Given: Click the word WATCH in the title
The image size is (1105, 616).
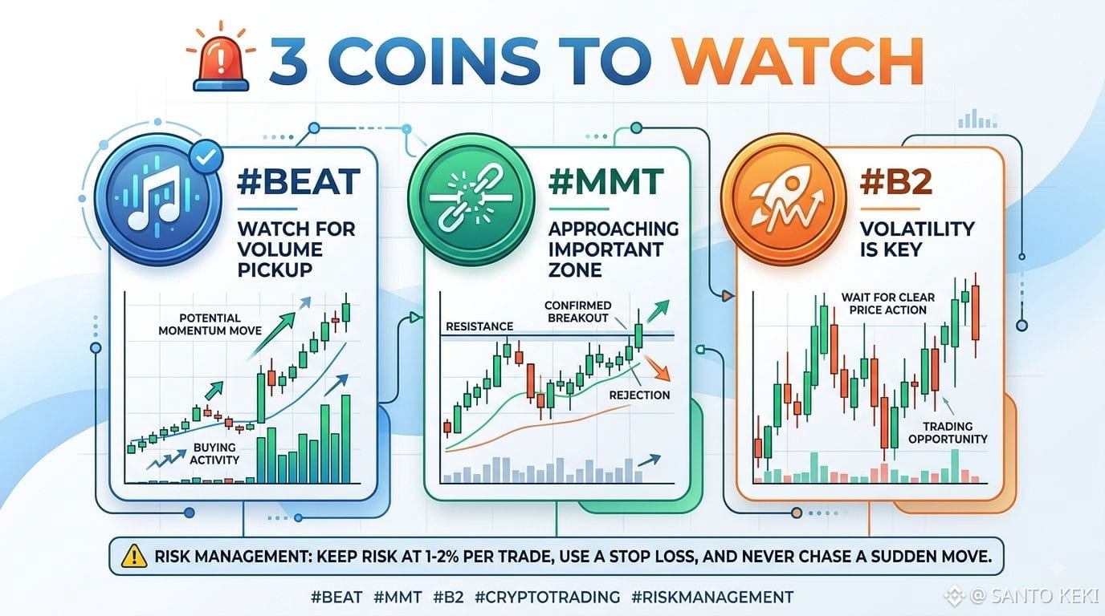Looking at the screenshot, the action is [798, 61].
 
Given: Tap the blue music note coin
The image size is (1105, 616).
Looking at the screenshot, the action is [158, 200].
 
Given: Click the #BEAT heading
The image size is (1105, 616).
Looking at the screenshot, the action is [299, 181].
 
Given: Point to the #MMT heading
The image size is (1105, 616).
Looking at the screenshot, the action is [606, 181].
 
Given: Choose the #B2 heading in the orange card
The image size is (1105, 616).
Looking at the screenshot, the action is [896, 181].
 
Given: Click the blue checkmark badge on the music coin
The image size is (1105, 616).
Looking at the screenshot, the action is [206, 157].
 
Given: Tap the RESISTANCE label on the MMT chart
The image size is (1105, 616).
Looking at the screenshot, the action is [479, 326].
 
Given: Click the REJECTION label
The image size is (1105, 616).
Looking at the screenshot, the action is [639, 395].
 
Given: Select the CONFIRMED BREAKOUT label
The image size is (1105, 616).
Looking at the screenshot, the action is [577, 311].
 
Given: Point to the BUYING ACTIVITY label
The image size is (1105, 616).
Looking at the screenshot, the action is [214, 453].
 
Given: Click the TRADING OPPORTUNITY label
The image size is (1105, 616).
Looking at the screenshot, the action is [948, 432].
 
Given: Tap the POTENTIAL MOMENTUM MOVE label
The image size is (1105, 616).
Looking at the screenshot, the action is [210, 324].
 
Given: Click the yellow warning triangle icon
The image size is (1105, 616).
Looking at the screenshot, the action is [133, 557].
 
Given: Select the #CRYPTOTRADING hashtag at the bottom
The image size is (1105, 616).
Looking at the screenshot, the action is [547, 597].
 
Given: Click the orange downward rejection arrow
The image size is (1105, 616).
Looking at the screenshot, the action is [658, 367].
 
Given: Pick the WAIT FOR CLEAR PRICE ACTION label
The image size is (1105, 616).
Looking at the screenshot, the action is [887, 303].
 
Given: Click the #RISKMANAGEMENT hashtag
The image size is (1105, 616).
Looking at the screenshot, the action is [712, 597].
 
